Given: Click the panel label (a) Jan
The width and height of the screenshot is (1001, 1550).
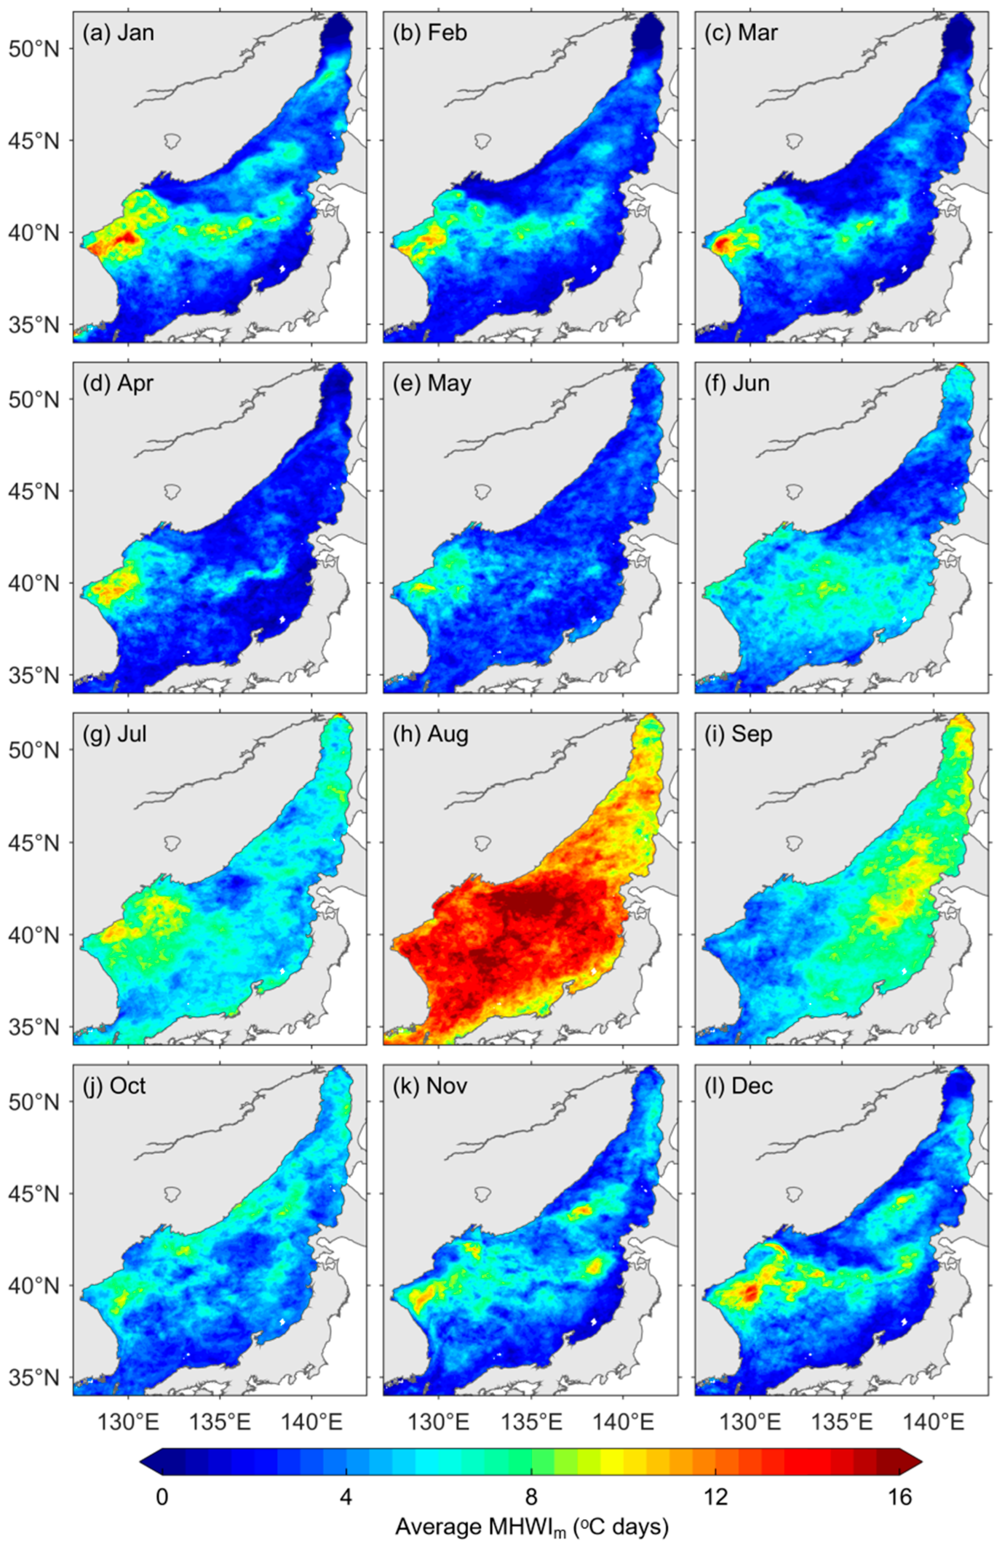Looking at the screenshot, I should click(118, 32).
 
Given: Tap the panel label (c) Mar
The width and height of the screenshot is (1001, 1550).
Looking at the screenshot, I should click(741, 32).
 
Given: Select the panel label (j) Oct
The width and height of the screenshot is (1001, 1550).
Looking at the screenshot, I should click(115, 1085).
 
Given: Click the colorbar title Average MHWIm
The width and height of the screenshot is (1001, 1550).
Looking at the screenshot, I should click(531, 1509).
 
